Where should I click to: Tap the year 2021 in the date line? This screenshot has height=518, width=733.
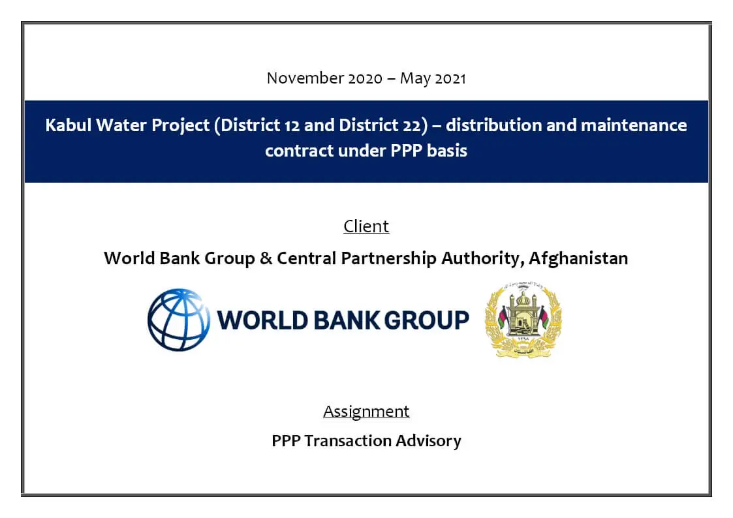(x=450, y=78)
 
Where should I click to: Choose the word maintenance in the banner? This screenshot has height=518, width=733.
(x=633, y=125)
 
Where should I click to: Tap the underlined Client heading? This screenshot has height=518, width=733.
(x=366, y=226)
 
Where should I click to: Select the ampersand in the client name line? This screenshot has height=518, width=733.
(x=266, y=258)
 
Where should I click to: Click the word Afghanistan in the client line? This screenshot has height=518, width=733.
(x=578, y=258)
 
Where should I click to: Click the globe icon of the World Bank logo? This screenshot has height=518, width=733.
(x=179, y=320)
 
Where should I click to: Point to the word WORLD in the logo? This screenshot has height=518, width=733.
(x=262, y=320)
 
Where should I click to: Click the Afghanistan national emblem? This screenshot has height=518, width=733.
(x=523, y=320)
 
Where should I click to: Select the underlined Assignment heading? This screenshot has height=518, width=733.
(x=366, y=412)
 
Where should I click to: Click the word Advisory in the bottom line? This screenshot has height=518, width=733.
(x=428, y=442)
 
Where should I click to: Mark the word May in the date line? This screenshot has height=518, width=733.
(x=415, y=79)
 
